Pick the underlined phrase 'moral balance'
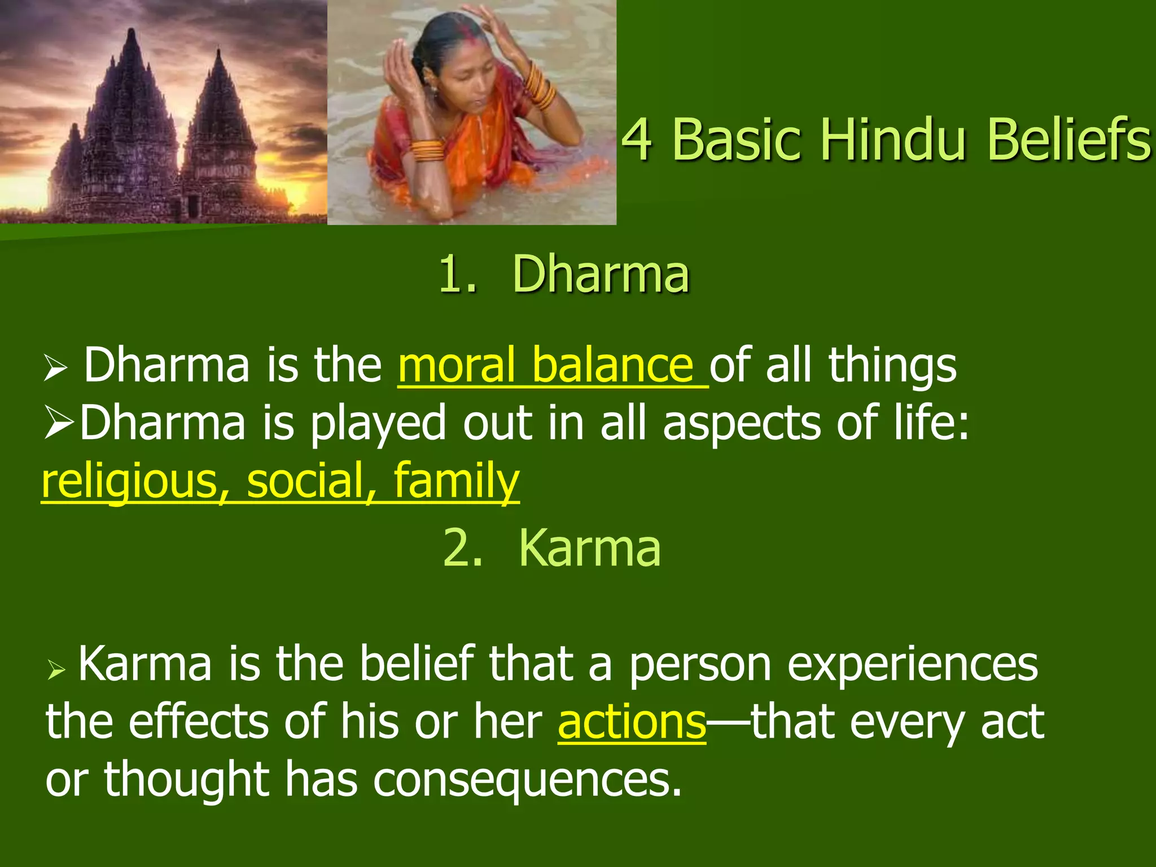(x=552, y=365)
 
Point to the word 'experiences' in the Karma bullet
(x=912, y=664)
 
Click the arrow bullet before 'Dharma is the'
(x=55, y=370)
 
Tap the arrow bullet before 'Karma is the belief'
(x=57, y=670)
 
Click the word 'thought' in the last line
(x=186, y=780)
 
